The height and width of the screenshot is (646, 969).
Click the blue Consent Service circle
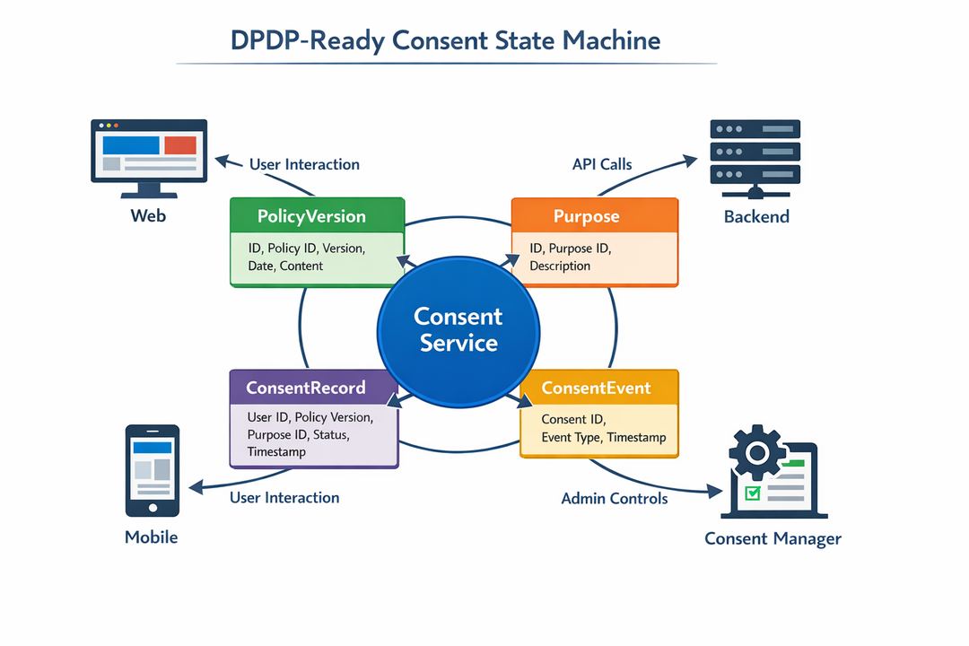pyautogui.click(x=458, y=329)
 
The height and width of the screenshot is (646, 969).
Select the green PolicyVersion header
pyautogui.click(x=311, y=216)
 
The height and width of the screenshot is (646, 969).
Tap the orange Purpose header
pyautogui.click(x=595, y=216)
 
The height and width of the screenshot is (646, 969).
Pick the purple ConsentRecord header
pyautogui.click(x=306, y=388)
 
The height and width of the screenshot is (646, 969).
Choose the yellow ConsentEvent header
pyautogui.click(x=597, y=388)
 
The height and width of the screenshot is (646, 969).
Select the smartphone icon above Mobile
pyautogui.click(x=152, y=469)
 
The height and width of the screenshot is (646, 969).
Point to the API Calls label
pyautogui.click(x=602, y=164)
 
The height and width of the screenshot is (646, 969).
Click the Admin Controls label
pyautogui.click(x=614, y=498)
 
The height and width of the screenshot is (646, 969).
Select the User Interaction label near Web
pyautogui.click(x=304, y=164)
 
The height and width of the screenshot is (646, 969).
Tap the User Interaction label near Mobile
pyautogui.click(x=284, y=497)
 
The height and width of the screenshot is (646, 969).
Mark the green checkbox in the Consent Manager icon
pyautogui.click(x=753, y=493)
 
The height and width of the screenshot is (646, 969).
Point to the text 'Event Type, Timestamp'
pyautogui.click(x=604, y=438)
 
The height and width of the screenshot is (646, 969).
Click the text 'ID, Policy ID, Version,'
pyautogui.click(x=313, y=249)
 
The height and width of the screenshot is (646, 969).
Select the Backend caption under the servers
pyautogui.click(x=756, y=216)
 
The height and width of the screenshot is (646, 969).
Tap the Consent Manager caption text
pyautogui.click(x=773, y=538)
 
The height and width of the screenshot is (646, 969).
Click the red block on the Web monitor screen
pyautogui.click(x=179, y=144)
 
